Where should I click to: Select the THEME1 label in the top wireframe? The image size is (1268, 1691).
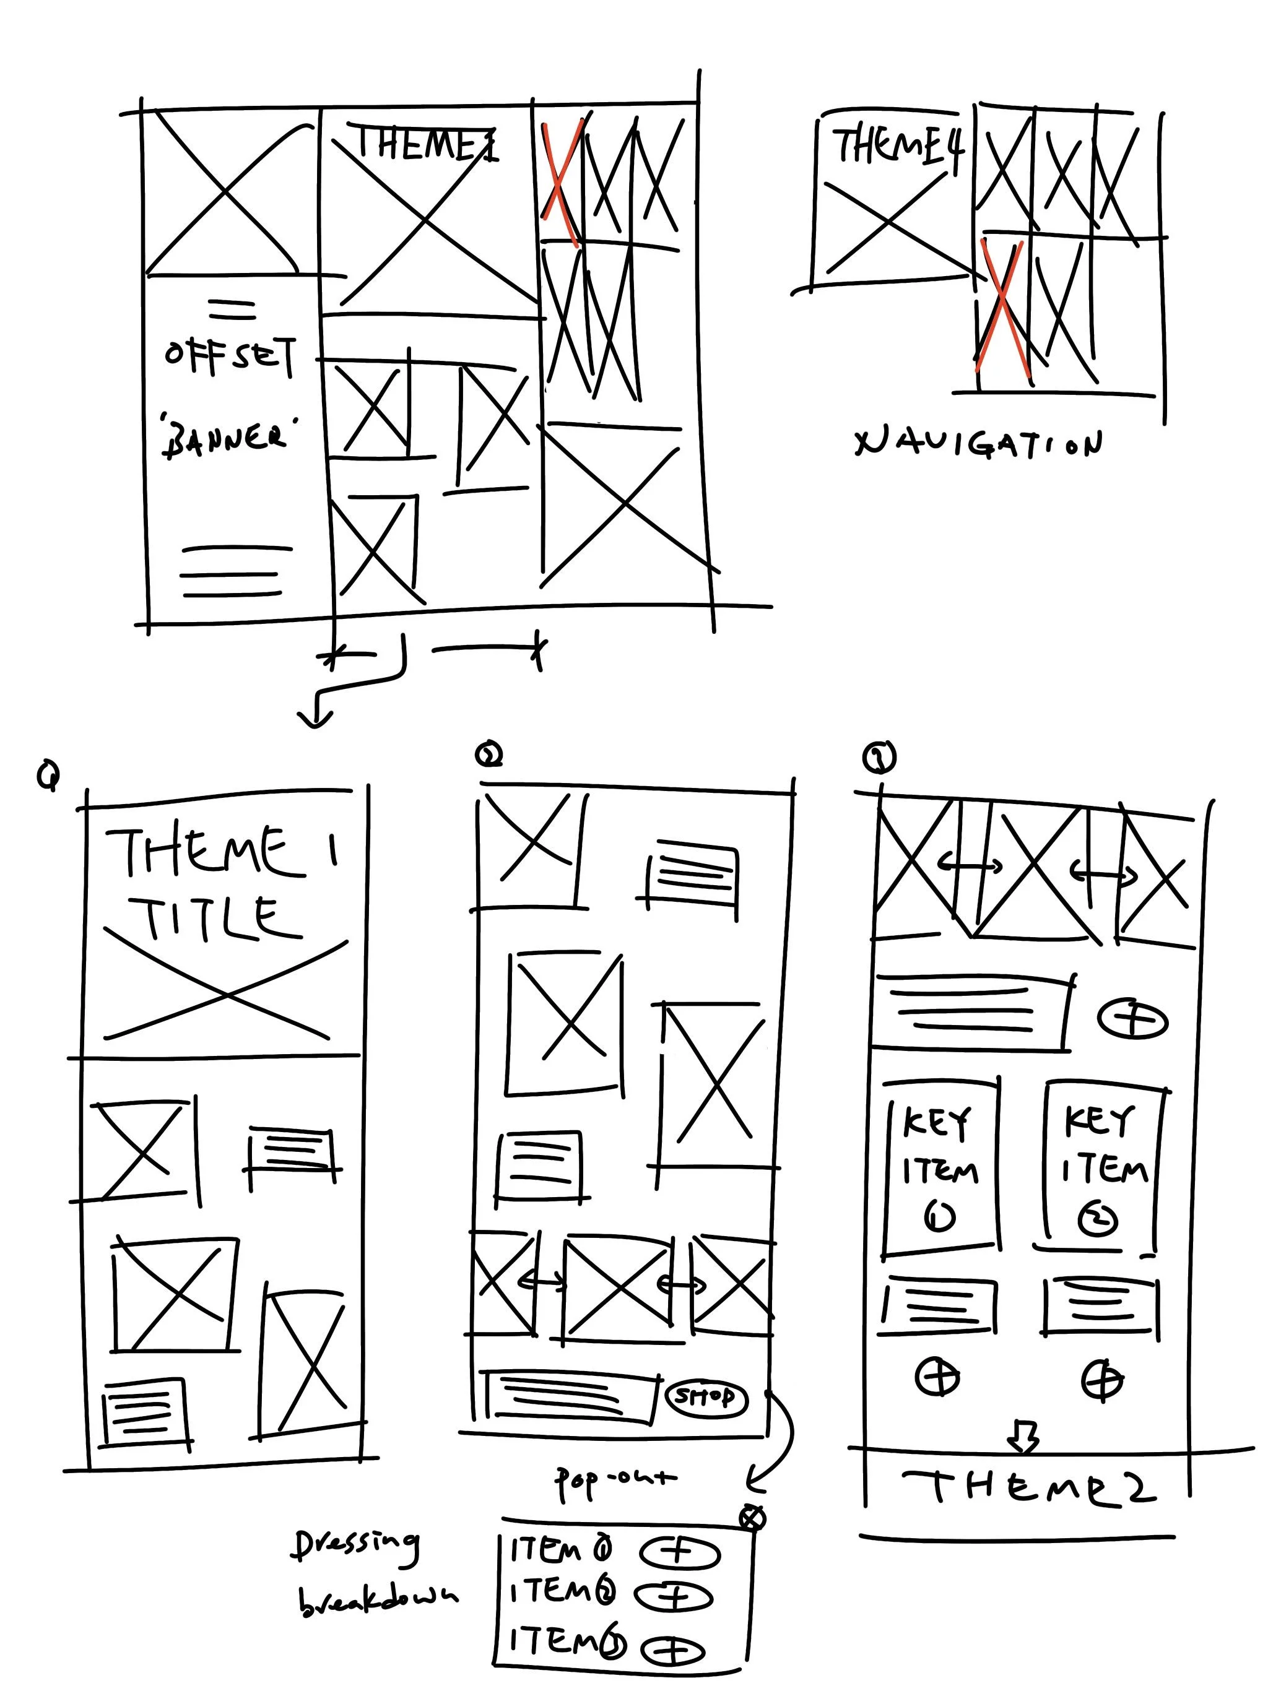[425, 143]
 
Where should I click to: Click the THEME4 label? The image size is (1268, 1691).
[897, 145]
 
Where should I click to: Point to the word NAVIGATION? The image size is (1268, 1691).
[979, 443]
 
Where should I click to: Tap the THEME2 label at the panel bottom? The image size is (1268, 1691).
[1028, 1487]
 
